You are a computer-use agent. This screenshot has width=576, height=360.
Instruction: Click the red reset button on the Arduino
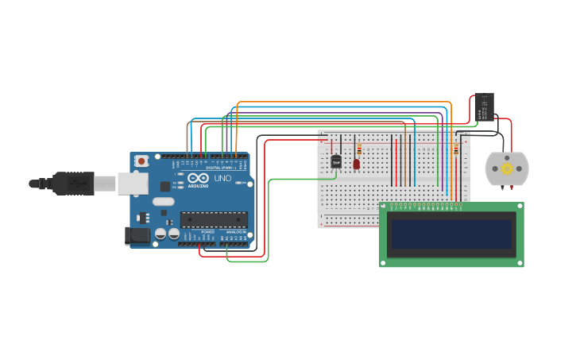[141, 161]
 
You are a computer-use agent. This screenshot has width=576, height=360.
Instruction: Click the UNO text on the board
[222, 178]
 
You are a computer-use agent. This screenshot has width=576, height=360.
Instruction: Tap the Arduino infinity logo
[199, 179]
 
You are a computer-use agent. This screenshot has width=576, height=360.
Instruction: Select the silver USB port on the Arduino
[133, 184]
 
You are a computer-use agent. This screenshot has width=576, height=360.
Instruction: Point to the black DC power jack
[137, 234]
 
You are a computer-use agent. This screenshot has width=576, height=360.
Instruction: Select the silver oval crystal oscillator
[164, 202]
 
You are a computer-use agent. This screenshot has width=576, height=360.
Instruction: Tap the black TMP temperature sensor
[336, 161]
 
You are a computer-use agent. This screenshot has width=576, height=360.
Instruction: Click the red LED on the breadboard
[356, 164]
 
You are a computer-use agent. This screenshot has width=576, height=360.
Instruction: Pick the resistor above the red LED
[359, 149]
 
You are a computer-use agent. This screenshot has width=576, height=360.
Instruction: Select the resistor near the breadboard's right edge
[456, 149]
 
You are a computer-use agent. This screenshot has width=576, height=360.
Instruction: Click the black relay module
[484, 108]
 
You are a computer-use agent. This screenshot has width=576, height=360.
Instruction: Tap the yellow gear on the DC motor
[506, 168]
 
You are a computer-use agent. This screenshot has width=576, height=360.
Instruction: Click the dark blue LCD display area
[451, 234]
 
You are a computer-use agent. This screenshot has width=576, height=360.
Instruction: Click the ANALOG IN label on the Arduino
[236, 231]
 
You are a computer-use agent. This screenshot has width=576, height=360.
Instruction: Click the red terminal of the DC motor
[511, 188]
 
